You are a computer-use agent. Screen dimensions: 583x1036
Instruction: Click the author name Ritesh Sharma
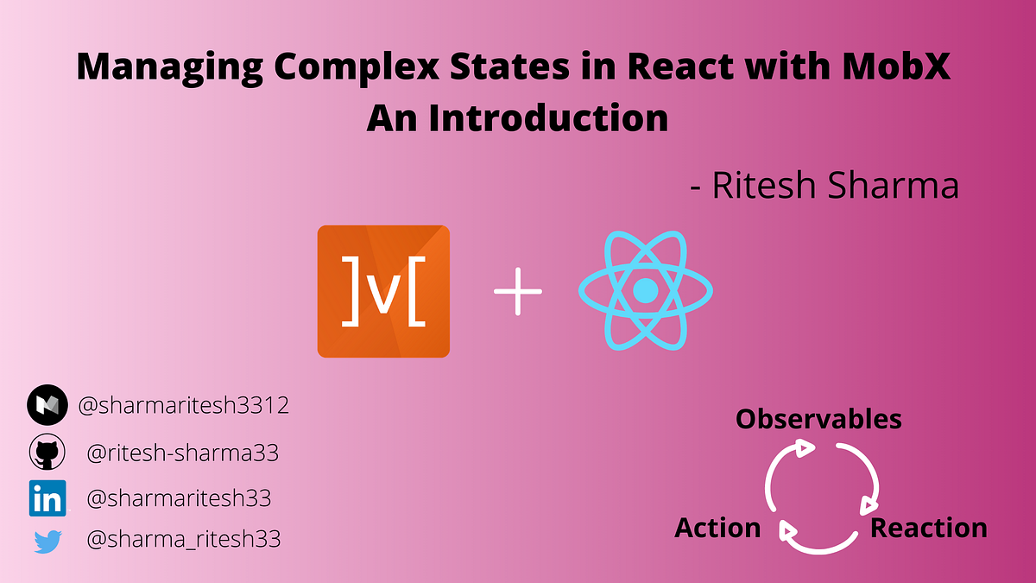point(833,186)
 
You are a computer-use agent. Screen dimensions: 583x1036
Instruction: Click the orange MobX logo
point(383,291)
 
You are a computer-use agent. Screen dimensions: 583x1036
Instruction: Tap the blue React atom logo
point(645,291)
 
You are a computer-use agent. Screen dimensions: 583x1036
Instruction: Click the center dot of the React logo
point(645,291)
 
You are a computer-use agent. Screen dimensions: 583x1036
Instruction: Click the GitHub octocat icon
point(47,453)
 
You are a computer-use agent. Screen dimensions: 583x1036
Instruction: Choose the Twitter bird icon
point(47,542)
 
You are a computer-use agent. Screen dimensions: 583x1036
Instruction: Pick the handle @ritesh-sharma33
point(183,453)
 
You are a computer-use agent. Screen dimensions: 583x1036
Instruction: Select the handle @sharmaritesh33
point(180,498)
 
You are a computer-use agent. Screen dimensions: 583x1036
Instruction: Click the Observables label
point(818,420)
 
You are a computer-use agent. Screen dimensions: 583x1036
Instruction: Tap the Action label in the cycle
point(717,528)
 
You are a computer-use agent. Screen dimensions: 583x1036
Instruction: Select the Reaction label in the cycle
point(928,528)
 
